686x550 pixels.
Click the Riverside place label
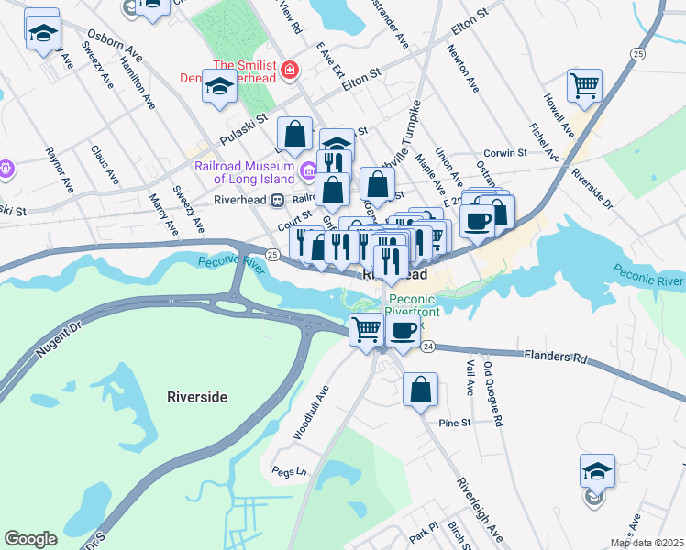(x=197, y=397)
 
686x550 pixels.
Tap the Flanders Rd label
(x=555, y=355)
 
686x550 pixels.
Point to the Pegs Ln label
(x=289, y=471)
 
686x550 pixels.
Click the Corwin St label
(x=505, y=153)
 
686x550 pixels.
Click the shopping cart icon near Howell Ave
(x=584, y=87)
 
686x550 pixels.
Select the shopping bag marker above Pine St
(x=421, y=389)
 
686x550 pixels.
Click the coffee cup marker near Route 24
(x=402, y=331)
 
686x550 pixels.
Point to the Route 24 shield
(x=428, y=346)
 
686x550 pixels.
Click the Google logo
(x=30, y=539)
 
